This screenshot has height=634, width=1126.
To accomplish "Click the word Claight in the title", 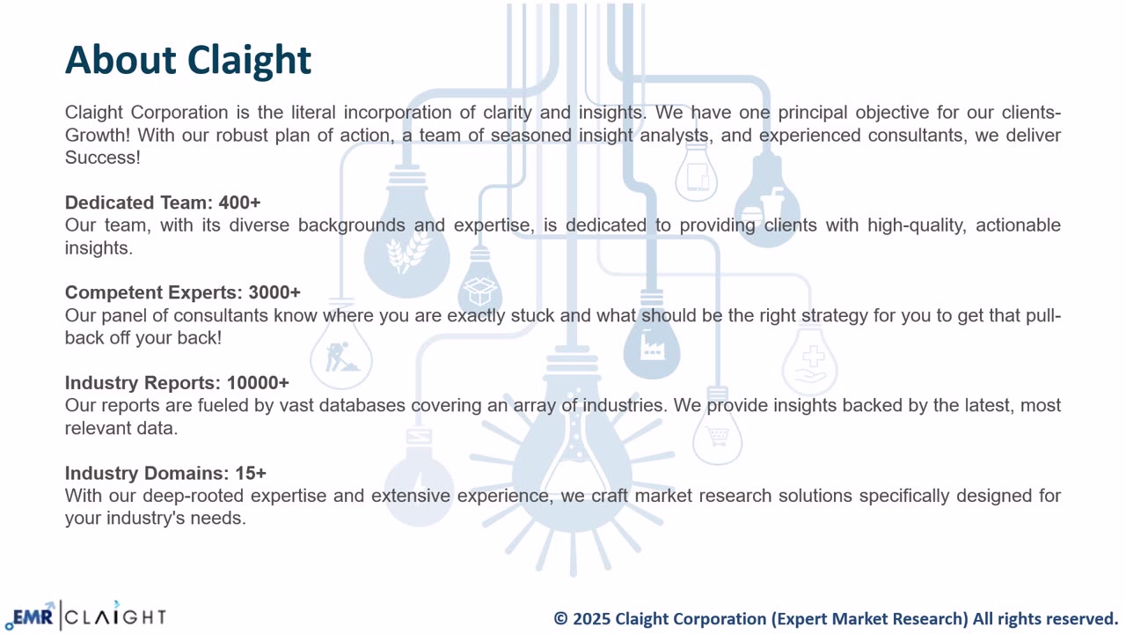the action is click(x=249, y=62).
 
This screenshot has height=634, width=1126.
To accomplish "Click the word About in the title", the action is click(x=121, y=59).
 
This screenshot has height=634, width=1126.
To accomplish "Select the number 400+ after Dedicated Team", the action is click(x=239, y=203).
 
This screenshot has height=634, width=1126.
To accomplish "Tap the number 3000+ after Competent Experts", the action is click(x=274, y=292).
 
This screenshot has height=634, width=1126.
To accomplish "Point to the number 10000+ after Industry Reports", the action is click(x=258, y=383).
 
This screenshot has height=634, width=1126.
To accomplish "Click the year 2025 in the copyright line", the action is click(x=591, y=618).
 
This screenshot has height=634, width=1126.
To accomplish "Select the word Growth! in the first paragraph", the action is click(x=97, y=136).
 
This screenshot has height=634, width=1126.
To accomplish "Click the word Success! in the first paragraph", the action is click(x=103, y=158).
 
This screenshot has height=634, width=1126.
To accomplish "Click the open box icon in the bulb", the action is click(x=480, y=291).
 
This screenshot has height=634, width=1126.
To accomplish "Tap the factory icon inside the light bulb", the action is click(x=652, y=347).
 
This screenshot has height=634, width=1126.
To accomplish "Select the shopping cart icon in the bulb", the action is click(x=717, y=436).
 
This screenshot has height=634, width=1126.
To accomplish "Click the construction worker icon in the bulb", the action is click(x=340, y=357).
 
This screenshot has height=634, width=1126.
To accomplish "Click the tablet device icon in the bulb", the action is click(x=698, y=177).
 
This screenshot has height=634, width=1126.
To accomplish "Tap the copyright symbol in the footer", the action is click(x=560, y=618).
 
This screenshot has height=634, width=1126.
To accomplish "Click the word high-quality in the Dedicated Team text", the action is click(x=917, y=225).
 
